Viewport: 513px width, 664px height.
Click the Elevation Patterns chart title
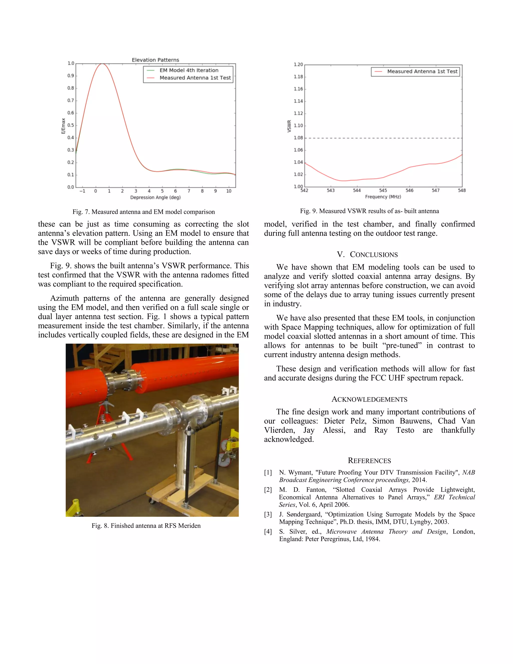pyautogui.click(x=155, y=60)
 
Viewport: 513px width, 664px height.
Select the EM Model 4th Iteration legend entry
pyautogui.click(x=188, y=70)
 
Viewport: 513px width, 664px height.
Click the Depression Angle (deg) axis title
pyautogui.click(x=155, y=197)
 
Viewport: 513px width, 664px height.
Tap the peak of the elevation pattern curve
pyautogui.click(x=102, y=64)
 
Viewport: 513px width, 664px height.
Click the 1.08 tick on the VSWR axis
pyautogui.click(x=298, y=138)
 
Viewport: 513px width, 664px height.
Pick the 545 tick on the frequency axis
pyautogui.click(x=383, y=190)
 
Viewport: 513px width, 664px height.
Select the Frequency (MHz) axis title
pyautogui.click(x=383, y=197)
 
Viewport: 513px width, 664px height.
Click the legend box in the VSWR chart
pyautogui.click(x=415, y=71)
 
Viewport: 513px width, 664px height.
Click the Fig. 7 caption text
pyautogui.click(x=144, y=212)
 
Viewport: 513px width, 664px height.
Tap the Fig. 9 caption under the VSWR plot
pyautogui.click(x=369, y=211)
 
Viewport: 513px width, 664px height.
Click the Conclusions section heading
pyautogui.click(x=367, y=255)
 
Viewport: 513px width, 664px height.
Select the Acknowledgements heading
pyautogui.click(x=369, y=399)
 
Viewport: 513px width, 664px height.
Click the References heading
pyautogui.click(x=369, y=461)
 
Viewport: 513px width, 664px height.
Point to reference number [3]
pyautogui.click(x=268, y=514)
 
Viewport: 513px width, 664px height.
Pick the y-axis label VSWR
pyautogui.click(x=289, y=126)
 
